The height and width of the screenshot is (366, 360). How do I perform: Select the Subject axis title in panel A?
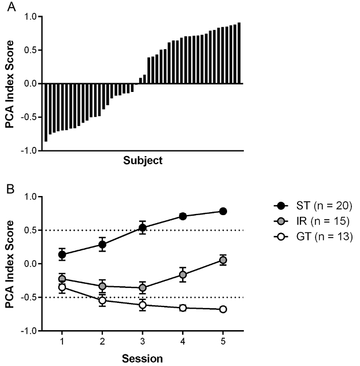click(143, 160)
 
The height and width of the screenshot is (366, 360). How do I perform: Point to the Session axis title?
click(142, 358)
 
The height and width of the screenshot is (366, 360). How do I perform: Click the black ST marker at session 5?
click(223, 211)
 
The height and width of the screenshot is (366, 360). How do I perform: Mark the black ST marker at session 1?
click(62, 254)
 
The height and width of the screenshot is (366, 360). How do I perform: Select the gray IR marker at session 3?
click(142, 288)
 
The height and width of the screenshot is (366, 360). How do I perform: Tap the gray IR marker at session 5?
click(223, 260)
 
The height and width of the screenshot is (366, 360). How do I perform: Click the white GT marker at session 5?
click(223, 309)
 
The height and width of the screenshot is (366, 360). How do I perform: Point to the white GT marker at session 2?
click(102, 300)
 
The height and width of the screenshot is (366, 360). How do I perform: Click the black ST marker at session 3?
click(142, 228)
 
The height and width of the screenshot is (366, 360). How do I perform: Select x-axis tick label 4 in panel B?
click(183, 341)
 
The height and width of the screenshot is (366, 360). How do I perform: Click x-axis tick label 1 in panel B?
click(62, 341)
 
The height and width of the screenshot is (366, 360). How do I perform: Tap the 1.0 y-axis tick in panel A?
click(30, 17)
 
